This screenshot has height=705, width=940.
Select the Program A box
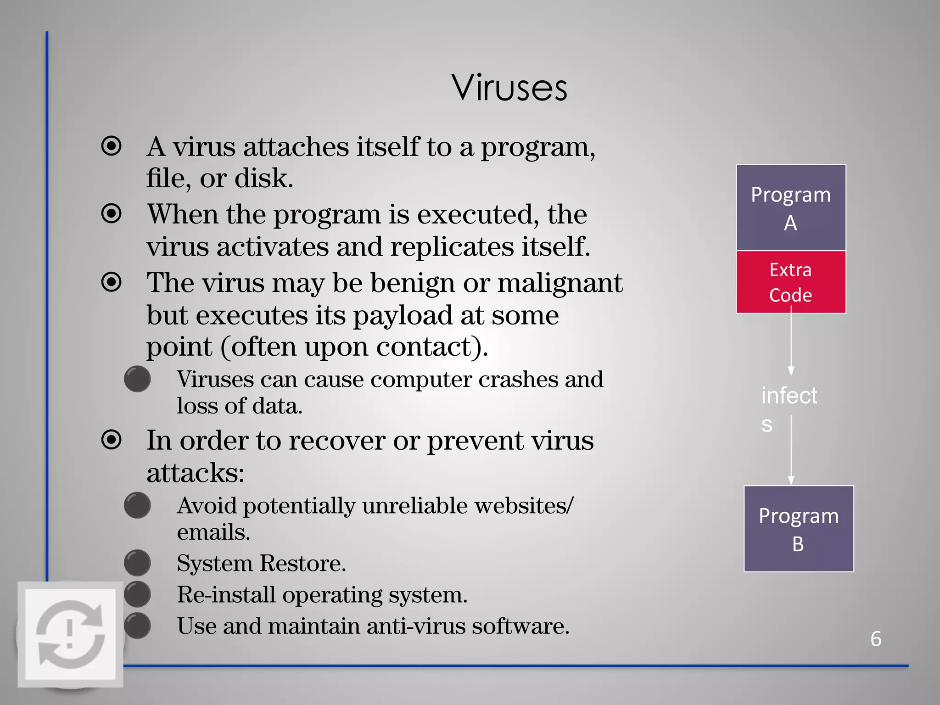(790, 207)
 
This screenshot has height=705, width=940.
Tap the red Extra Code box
(790, 282)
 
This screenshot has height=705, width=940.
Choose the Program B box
(798, 529)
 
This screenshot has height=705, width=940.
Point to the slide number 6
(876, 639)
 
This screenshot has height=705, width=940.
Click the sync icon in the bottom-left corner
(70, 634)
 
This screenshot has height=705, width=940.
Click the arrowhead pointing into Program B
(791, 480)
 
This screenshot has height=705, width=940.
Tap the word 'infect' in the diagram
(789, 396)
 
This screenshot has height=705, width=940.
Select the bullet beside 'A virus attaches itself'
(112, 146)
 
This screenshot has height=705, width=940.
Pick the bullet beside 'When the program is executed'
(112, 214)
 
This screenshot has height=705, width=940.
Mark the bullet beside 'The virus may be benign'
(112, 282)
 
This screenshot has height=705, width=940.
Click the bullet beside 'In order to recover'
(112, 440)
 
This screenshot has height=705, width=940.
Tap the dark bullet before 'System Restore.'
(137, 563)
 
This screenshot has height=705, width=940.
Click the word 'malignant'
(560, 283)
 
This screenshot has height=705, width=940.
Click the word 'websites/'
(524, 506)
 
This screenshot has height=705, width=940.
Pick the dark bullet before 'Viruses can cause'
(137, 379)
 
